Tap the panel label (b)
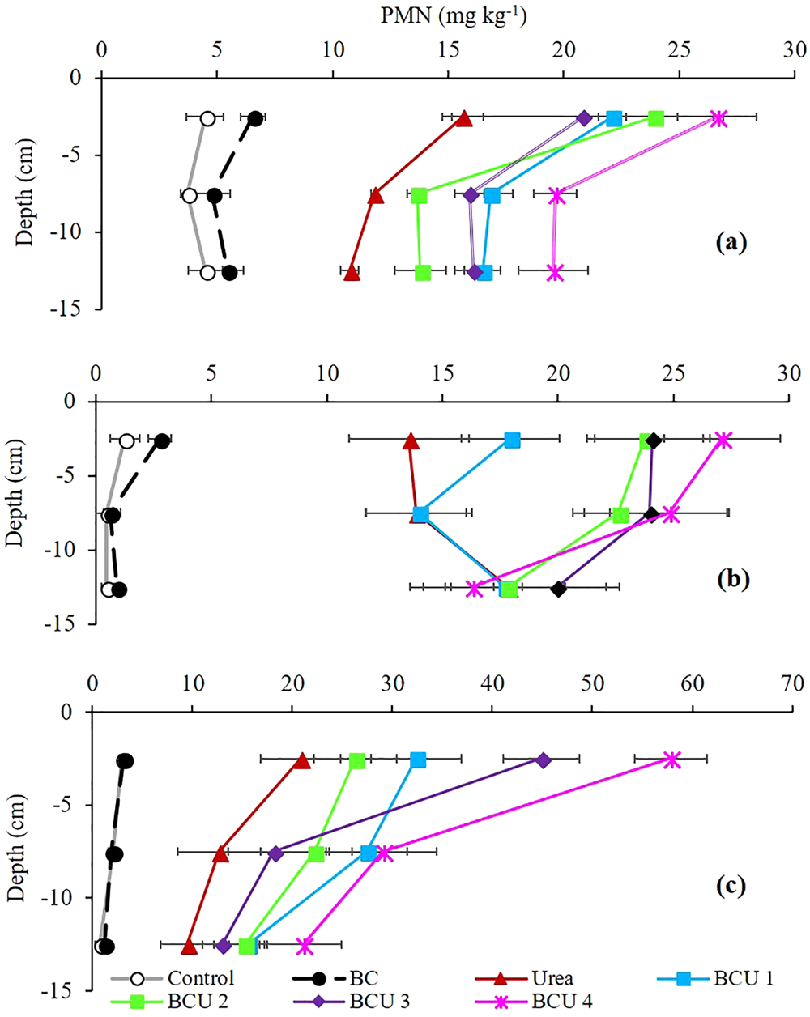coord(734,579)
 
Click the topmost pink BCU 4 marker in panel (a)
coord(718,119)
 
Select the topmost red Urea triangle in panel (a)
coord(463,119)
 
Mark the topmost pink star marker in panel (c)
coord(671,760)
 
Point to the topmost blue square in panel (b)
coord(512,440)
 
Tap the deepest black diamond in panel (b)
coord(558,589)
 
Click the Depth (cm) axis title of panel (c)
coord(17,848)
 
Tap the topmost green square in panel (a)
coord(656,119)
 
